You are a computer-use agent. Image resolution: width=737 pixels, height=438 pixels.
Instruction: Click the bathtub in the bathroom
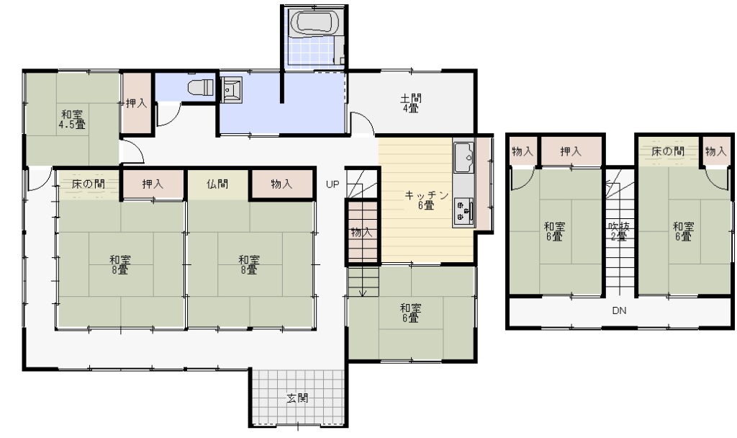click(314, 22)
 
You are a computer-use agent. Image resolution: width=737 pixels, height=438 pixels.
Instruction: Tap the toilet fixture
click(201, 87)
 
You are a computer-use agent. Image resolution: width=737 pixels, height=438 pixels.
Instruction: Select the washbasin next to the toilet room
click(231, 89)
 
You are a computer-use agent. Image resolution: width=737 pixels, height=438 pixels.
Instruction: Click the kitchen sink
click(464, 156)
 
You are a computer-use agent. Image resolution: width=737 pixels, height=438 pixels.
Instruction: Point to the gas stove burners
click(464, 210)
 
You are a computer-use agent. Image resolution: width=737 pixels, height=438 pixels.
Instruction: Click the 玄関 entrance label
click(297, 398)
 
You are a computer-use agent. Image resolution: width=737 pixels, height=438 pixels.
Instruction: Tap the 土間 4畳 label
click(410, 103)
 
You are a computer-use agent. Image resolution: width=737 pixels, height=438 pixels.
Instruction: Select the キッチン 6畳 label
click(426, 200)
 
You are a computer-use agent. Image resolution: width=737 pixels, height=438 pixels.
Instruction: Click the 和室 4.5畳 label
click(72, 120)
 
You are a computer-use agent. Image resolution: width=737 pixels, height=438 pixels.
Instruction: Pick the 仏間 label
click(217, 184)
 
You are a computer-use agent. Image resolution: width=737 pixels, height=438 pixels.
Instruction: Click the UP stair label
click(333, 184)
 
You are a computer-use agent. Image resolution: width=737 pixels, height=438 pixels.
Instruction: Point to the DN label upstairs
click(619, 311)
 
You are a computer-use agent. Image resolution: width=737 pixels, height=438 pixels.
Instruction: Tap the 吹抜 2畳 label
click(618, 231)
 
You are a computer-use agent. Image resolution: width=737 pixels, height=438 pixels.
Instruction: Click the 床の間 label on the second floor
click(667, 151)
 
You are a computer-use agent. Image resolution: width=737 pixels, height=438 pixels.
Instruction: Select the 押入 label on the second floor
click(571, 151)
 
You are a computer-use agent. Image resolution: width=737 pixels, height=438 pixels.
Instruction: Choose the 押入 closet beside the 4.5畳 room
click(136, 103)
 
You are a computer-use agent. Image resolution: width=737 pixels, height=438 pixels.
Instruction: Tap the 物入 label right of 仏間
click(281, 184)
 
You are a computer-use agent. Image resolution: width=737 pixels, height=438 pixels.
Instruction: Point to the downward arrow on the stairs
click(363, 282)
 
